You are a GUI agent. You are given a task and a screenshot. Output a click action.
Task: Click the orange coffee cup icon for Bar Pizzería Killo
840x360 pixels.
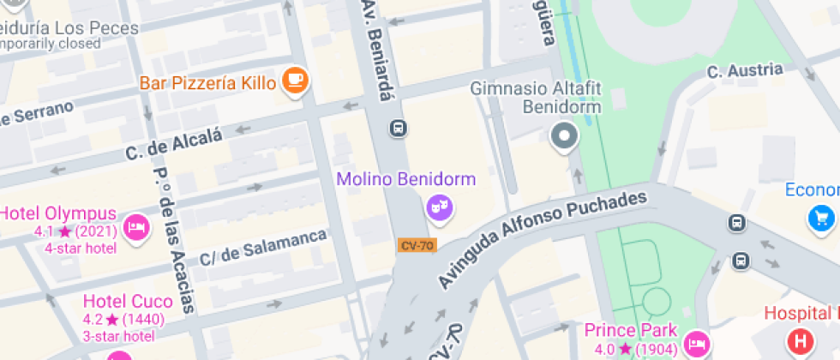point(296,81)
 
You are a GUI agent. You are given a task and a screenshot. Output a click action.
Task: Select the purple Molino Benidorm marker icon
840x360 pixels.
point(439,207)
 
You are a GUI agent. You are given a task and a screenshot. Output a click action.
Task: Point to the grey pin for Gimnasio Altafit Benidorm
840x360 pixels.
point(564,136)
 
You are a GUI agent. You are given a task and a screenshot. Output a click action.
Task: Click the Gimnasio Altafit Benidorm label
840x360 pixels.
point(537,99)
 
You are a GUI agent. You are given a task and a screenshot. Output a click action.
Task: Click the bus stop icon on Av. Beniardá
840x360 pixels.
point(398,129)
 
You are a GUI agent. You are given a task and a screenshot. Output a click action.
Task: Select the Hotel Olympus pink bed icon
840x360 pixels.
point(136,227)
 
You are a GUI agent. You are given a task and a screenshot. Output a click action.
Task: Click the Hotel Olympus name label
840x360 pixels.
point(59,213)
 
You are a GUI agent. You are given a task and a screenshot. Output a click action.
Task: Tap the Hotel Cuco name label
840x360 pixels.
point(127,302)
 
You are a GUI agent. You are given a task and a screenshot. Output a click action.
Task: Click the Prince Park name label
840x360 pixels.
point(631,330)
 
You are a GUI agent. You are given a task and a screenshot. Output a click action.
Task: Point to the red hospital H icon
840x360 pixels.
point(801,341)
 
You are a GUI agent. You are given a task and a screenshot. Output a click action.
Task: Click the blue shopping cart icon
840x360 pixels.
point(822,218)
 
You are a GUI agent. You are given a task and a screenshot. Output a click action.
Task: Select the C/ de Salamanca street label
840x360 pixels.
point(263,247)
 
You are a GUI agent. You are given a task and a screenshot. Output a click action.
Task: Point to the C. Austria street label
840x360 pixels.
point(745,70)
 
